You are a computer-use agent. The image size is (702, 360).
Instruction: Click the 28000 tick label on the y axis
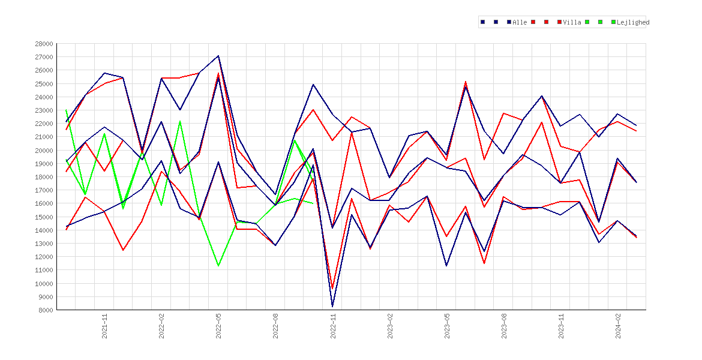coord(44,44)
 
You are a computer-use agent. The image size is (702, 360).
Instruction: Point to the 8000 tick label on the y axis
coord(46,310)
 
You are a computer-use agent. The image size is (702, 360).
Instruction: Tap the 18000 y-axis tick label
coord(44,177)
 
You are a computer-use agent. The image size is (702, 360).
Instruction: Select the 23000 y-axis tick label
coord(44,110)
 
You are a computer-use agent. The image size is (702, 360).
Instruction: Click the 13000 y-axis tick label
coord(44,244)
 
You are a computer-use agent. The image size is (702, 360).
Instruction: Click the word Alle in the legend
coord(520,22)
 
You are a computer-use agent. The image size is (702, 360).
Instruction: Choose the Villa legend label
coord(572,22)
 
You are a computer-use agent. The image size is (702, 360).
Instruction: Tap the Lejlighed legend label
coord(633,22)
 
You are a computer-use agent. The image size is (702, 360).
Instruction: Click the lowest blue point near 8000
coord(332,306)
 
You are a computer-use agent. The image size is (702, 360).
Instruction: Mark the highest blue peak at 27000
coord(218,56)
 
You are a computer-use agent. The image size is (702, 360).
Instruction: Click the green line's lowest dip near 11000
coord(218,266)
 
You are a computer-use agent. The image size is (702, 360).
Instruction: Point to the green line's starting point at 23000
coord(66,110)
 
